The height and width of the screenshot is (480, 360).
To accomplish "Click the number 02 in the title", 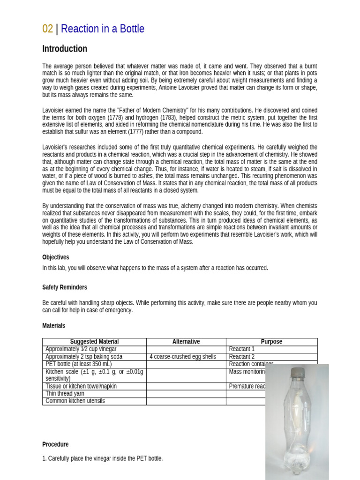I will tap(47, 29).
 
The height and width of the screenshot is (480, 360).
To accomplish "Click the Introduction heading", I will tap(65, 49).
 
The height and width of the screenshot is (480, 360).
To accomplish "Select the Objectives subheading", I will tap(55, 257).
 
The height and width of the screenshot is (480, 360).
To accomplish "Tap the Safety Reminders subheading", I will tap(65, 287).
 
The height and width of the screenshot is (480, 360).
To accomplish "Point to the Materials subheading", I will tap(54, 326).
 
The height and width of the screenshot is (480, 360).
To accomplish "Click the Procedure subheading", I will tap(55, 444).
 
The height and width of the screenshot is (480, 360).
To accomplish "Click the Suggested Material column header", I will tap(94, 342).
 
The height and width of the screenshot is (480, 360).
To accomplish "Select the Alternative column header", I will tap(186, 342).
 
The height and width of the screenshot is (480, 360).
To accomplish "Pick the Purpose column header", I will tap(271, 342).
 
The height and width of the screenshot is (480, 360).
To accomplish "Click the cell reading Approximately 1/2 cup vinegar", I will tap(81, 349).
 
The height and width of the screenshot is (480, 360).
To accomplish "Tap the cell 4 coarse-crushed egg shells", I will tap(183, 357).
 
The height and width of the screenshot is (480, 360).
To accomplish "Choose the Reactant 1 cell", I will tap(242, 349).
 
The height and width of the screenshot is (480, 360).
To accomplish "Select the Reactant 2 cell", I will tap(242, 357).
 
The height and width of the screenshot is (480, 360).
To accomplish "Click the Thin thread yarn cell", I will tap(65, 394).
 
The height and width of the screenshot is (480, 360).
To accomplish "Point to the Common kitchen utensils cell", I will tap(75, 401).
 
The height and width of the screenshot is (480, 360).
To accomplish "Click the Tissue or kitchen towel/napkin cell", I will tap(81, 386).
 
